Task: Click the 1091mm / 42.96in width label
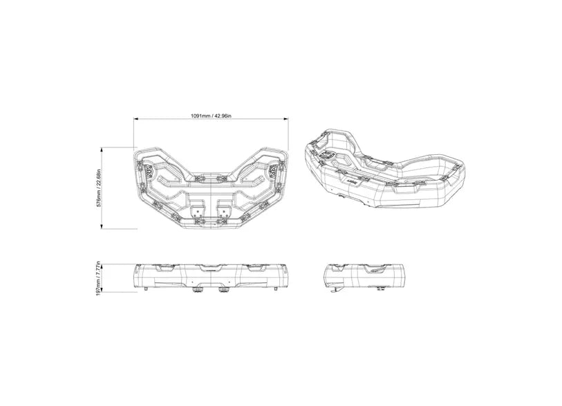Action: tap(211, 116)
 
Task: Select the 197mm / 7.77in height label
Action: tap(99, 279)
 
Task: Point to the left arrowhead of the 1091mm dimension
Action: tap(136, 119)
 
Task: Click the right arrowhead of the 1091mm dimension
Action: tap(286, 119)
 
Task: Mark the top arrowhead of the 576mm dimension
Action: tap(102, 150)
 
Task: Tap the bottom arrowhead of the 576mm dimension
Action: tap(102, 226)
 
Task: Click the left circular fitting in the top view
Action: tap(149, 170)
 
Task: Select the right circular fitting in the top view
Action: tap(274, 170)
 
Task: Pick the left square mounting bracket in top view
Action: tap(197, 212)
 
